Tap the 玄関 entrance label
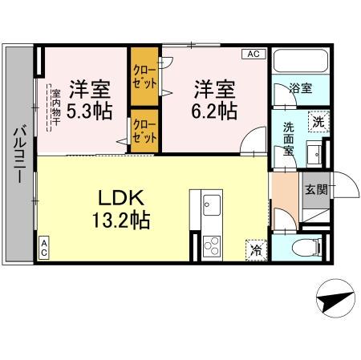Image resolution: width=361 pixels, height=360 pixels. (314, 189)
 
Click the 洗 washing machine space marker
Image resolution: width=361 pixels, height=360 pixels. (318, 121)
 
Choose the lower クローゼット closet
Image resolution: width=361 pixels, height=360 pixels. (144, 130)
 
